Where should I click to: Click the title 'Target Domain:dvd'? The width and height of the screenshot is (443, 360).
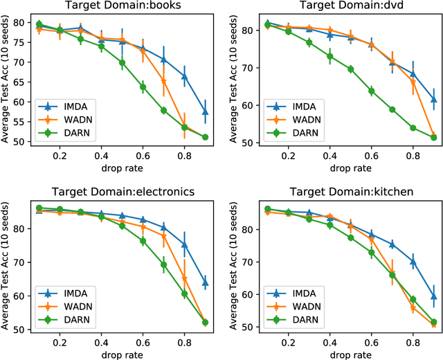pos(347,6)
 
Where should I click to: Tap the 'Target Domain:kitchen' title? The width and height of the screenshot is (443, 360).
pos(347,193)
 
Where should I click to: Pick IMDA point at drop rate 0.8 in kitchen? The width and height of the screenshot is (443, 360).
pos(413,262)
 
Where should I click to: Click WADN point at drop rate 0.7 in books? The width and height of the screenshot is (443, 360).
pos(164,82)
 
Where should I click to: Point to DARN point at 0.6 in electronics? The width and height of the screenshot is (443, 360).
pos(143,241)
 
